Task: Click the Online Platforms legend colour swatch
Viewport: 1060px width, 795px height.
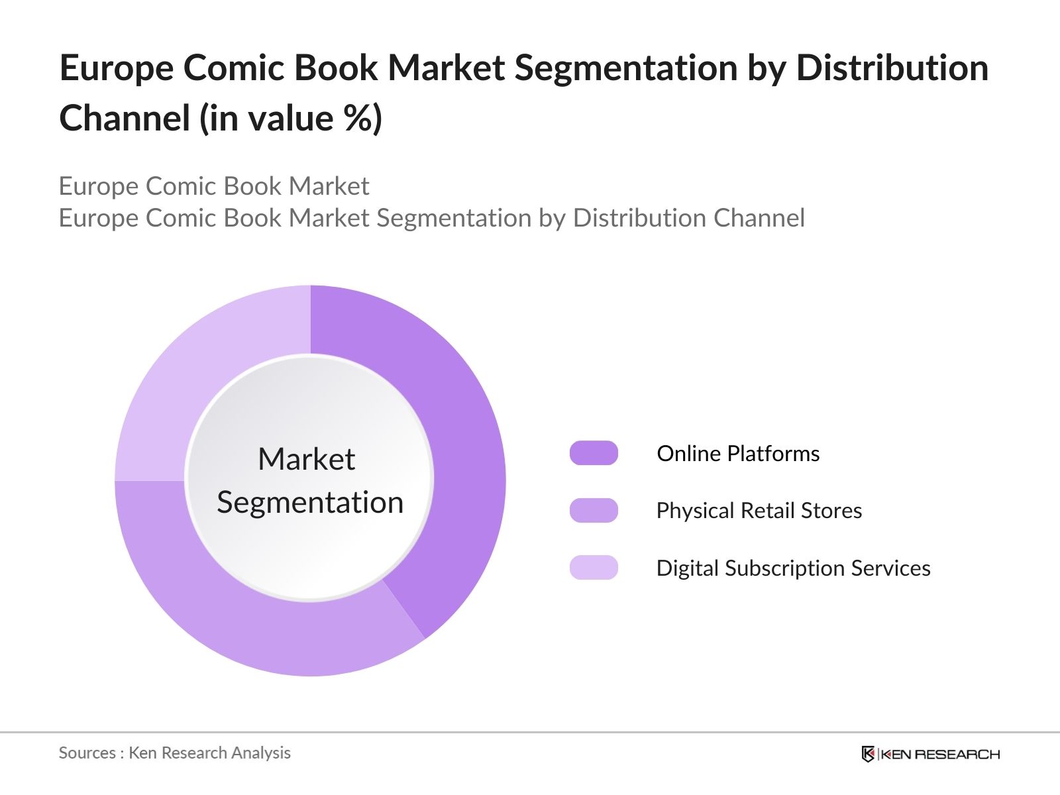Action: click(594, 453)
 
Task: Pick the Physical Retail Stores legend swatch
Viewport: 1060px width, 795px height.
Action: click(594, 511)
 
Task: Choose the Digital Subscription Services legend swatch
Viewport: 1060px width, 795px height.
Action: click(594, 568)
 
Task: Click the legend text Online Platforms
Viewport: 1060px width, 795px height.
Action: click(738, 454)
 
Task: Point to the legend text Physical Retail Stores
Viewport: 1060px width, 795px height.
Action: click(759, 511)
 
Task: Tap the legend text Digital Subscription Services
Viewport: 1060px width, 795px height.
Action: click(793, 568)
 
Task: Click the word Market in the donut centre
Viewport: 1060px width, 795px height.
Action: click(306, 459)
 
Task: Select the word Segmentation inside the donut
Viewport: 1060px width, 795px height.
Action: click(310, 502)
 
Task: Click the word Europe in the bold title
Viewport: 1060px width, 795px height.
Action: click(116, 68)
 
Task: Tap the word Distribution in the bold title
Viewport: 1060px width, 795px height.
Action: click(892, 68)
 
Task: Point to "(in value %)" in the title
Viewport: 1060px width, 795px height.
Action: click(291, 119)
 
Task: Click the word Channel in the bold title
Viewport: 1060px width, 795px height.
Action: click(125, 119)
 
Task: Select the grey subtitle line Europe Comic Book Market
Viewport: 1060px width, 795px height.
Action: click(214, 186)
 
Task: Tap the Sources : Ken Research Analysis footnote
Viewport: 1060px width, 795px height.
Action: click(175, 753)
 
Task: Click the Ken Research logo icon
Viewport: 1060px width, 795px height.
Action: click(868, 754)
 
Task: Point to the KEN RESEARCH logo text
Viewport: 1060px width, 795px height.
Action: click(940, 755)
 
